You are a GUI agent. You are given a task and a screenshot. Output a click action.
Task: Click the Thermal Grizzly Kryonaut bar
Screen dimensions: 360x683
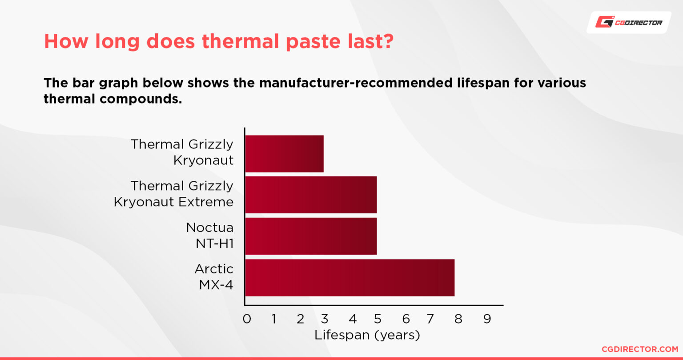pyautogui.click(x=284, y=154)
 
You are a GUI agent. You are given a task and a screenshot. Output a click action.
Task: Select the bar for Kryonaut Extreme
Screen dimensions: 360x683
pyautogui.click(x=311, y=195)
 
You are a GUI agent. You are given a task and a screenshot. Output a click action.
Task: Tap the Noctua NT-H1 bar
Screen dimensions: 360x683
pyautogui.click(x=311, y=236)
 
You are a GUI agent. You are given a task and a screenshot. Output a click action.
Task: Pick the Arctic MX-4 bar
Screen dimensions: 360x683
pyautogui.click(x=350, y=277)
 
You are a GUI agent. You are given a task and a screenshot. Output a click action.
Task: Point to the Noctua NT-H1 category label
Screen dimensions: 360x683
pyautogui.click(x=209, y=235)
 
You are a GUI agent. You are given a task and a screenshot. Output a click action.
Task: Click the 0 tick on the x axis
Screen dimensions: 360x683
pyautogui.click(x=247, y=319)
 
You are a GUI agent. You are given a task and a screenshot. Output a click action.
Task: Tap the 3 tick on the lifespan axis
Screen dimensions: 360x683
pyautogui.click(x=325, y=319)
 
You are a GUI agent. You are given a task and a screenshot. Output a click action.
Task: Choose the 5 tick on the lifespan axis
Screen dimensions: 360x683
pyautogui.click(x=378, y=319)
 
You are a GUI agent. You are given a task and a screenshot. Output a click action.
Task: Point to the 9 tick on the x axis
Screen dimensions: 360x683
pyautogui.click(x=487, y=319)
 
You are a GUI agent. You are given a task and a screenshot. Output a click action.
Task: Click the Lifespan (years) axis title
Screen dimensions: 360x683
pyautogui.click(x=367, y=335)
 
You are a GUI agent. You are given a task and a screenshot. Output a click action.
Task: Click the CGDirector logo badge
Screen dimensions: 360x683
pyautogui.click(x=629, y=22)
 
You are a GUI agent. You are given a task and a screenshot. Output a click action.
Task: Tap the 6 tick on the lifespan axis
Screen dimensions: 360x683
pyautogui.click(x=406, y=319)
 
